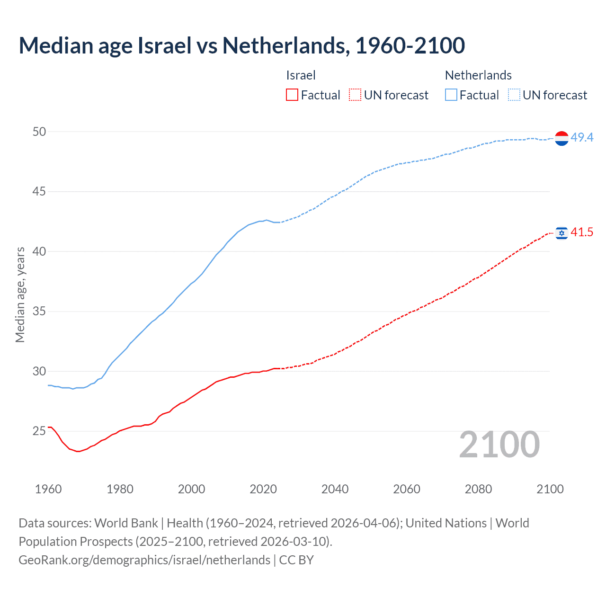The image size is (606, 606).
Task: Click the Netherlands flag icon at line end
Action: point(561,138)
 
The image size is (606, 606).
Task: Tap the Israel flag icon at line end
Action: point(561,233)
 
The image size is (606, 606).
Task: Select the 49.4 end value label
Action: point(582,137)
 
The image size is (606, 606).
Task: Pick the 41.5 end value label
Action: point(582,232)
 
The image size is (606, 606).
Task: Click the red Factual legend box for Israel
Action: point(292,95)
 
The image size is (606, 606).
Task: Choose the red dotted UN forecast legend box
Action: point(355,95)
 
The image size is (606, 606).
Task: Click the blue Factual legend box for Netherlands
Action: point(451,95)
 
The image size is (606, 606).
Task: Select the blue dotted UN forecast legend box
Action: point(514,95)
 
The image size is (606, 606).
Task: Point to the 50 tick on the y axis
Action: point(39,132)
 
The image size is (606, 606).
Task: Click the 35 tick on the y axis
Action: point(39,312)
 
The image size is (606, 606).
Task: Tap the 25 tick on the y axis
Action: point(39,431)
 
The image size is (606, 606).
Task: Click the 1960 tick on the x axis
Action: point(48,489)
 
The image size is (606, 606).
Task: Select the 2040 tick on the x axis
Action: point(335,489)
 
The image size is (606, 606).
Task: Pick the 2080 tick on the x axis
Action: point(478,489)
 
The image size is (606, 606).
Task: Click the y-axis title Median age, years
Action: point(20,294)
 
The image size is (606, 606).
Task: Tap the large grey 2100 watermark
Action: point(499,444)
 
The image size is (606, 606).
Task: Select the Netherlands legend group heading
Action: point(478,75)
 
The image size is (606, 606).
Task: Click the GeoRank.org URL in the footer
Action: point(144,560)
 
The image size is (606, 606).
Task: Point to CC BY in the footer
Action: point(296,560)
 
